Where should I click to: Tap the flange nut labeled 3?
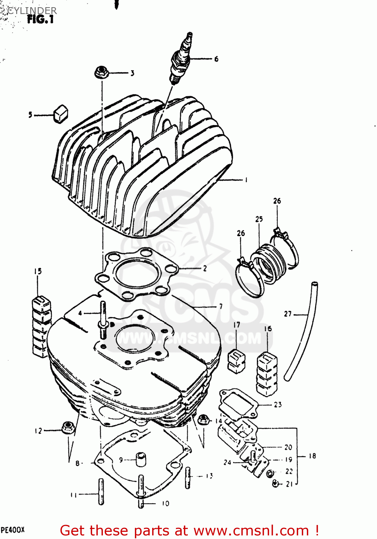click(x=100, y=73)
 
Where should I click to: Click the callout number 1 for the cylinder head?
click(x=246, y=180)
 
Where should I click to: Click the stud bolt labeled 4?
click(x=103, y=320)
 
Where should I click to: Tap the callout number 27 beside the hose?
click(x=288, y=314)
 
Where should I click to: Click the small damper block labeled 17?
click(x=236, y=360)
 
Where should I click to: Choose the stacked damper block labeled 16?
click(x=267, y=374)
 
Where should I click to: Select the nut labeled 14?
click(x=203, y=419)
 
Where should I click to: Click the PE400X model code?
click(x=13, y=530)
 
